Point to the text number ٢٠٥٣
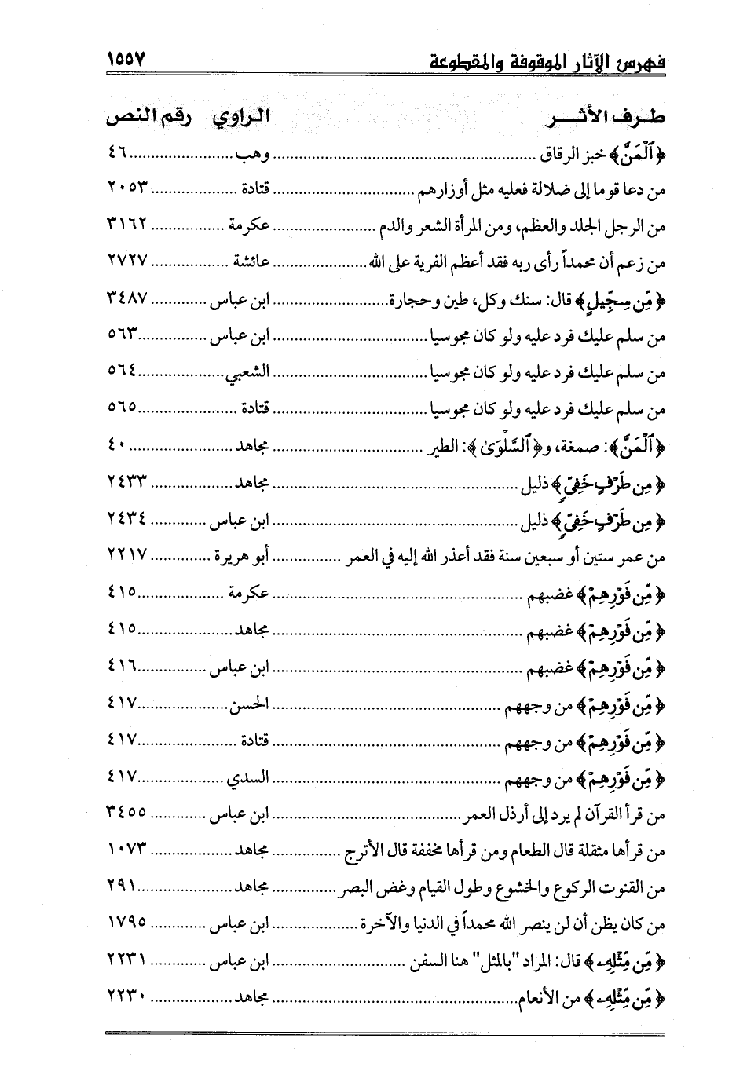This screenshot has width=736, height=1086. [127, 188]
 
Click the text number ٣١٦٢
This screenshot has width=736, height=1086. [127, 225]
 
